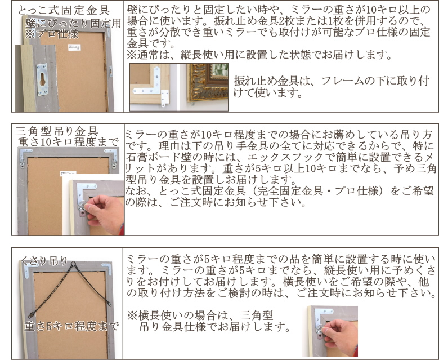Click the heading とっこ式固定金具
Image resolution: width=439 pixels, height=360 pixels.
64,10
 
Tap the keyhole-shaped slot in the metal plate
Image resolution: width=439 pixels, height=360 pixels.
43,79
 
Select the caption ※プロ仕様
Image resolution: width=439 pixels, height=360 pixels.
52,34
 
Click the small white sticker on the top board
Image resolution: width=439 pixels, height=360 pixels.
74,47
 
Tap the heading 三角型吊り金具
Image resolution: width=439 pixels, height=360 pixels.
57,131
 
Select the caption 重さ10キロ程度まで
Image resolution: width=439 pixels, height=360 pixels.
69,142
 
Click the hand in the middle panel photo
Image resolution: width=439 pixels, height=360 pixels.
105,213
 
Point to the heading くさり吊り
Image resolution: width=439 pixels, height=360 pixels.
44,260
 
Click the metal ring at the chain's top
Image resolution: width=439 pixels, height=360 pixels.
73,264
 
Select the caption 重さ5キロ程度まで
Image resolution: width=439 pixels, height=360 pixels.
71,326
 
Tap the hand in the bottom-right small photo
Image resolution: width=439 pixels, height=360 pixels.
341,336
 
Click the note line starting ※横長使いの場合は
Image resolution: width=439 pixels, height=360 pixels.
200,315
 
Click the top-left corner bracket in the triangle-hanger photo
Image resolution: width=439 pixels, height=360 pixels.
25,155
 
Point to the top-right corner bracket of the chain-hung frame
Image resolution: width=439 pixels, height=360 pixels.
107,268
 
